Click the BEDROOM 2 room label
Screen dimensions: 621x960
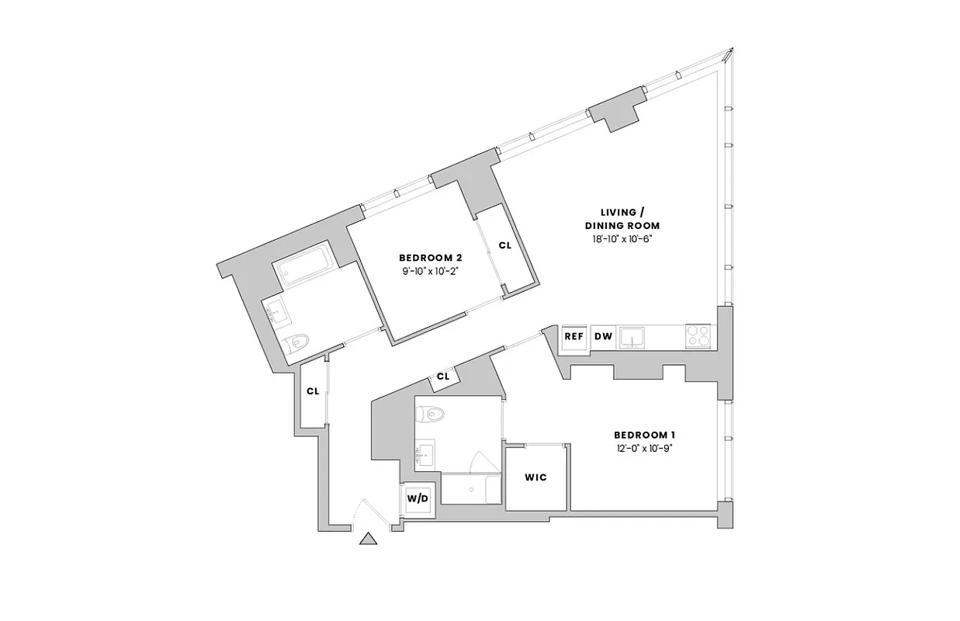tap(431, 258)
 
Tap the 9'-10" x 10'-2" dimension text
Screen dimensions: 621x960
tap(431, 271)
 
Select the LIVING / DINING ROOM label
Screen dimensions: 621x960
tap(622, 218)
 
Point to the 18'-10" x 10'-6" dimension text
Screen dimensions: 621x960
tap(622, 238)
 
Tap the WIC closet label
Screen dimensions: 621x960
tap(536, 477)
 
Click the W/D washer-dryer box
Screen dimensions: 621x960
tap(418, 498)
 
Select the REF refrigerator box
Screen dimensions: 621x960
tap(574, 336)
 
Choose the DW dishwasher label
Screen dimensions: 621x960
tap(602, 336)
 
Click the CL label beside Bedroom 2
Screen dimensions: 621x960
tap(504, 245)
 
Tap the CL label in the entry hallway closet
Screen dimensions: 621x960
tap(313, 391)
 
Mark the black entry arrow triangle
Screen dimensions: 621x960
tap(369, 538)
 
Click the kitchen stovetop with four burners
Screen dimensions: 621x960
tap(697, 336)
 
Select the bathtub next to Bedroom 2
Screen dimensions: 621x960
tap(304, 270)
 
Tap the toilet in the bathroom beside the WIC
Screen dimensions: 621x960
tap(429, 413)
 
